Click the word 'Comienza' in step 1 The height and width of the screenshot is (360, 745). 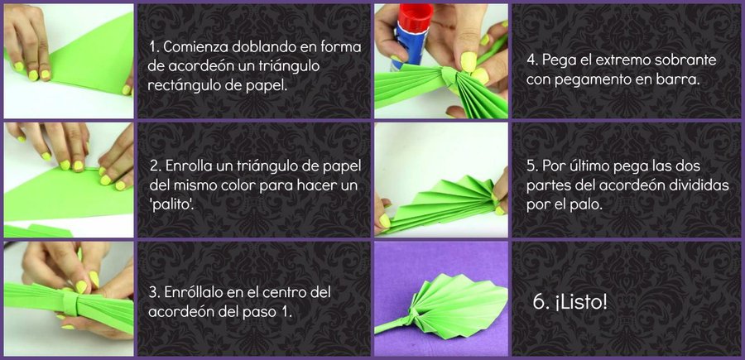pyautogui.click(x=195, y=47)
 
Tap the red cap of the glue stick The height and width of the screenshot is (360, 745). pyautogui.click(x=416, y=17)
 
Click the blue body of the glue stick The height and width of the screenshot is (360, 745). pyautogui.click(x=410, y=47)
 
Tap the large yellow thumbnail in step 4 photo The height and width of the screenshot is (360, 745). pyautogui.click(x=469, y=62)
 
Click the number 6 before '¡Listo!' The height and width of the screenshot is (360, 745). pyautogui.click(x=538, y=303)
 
